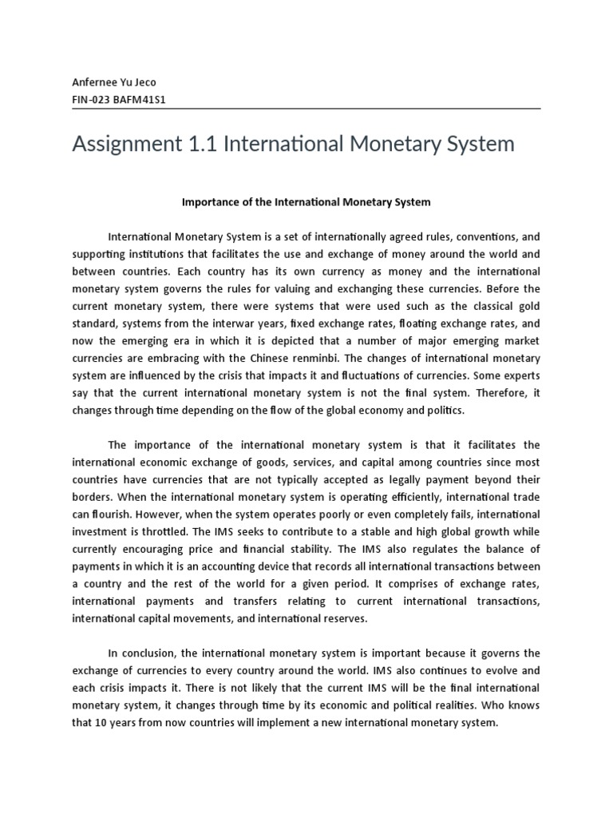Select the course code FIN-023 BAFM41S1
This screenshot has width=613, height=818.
[x=119, y=100]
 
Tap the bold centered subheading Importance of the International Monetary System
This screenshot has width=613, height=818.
[x=306, y=202]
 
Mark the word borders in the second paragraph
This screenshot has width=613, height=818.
[x=92, y=496]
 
